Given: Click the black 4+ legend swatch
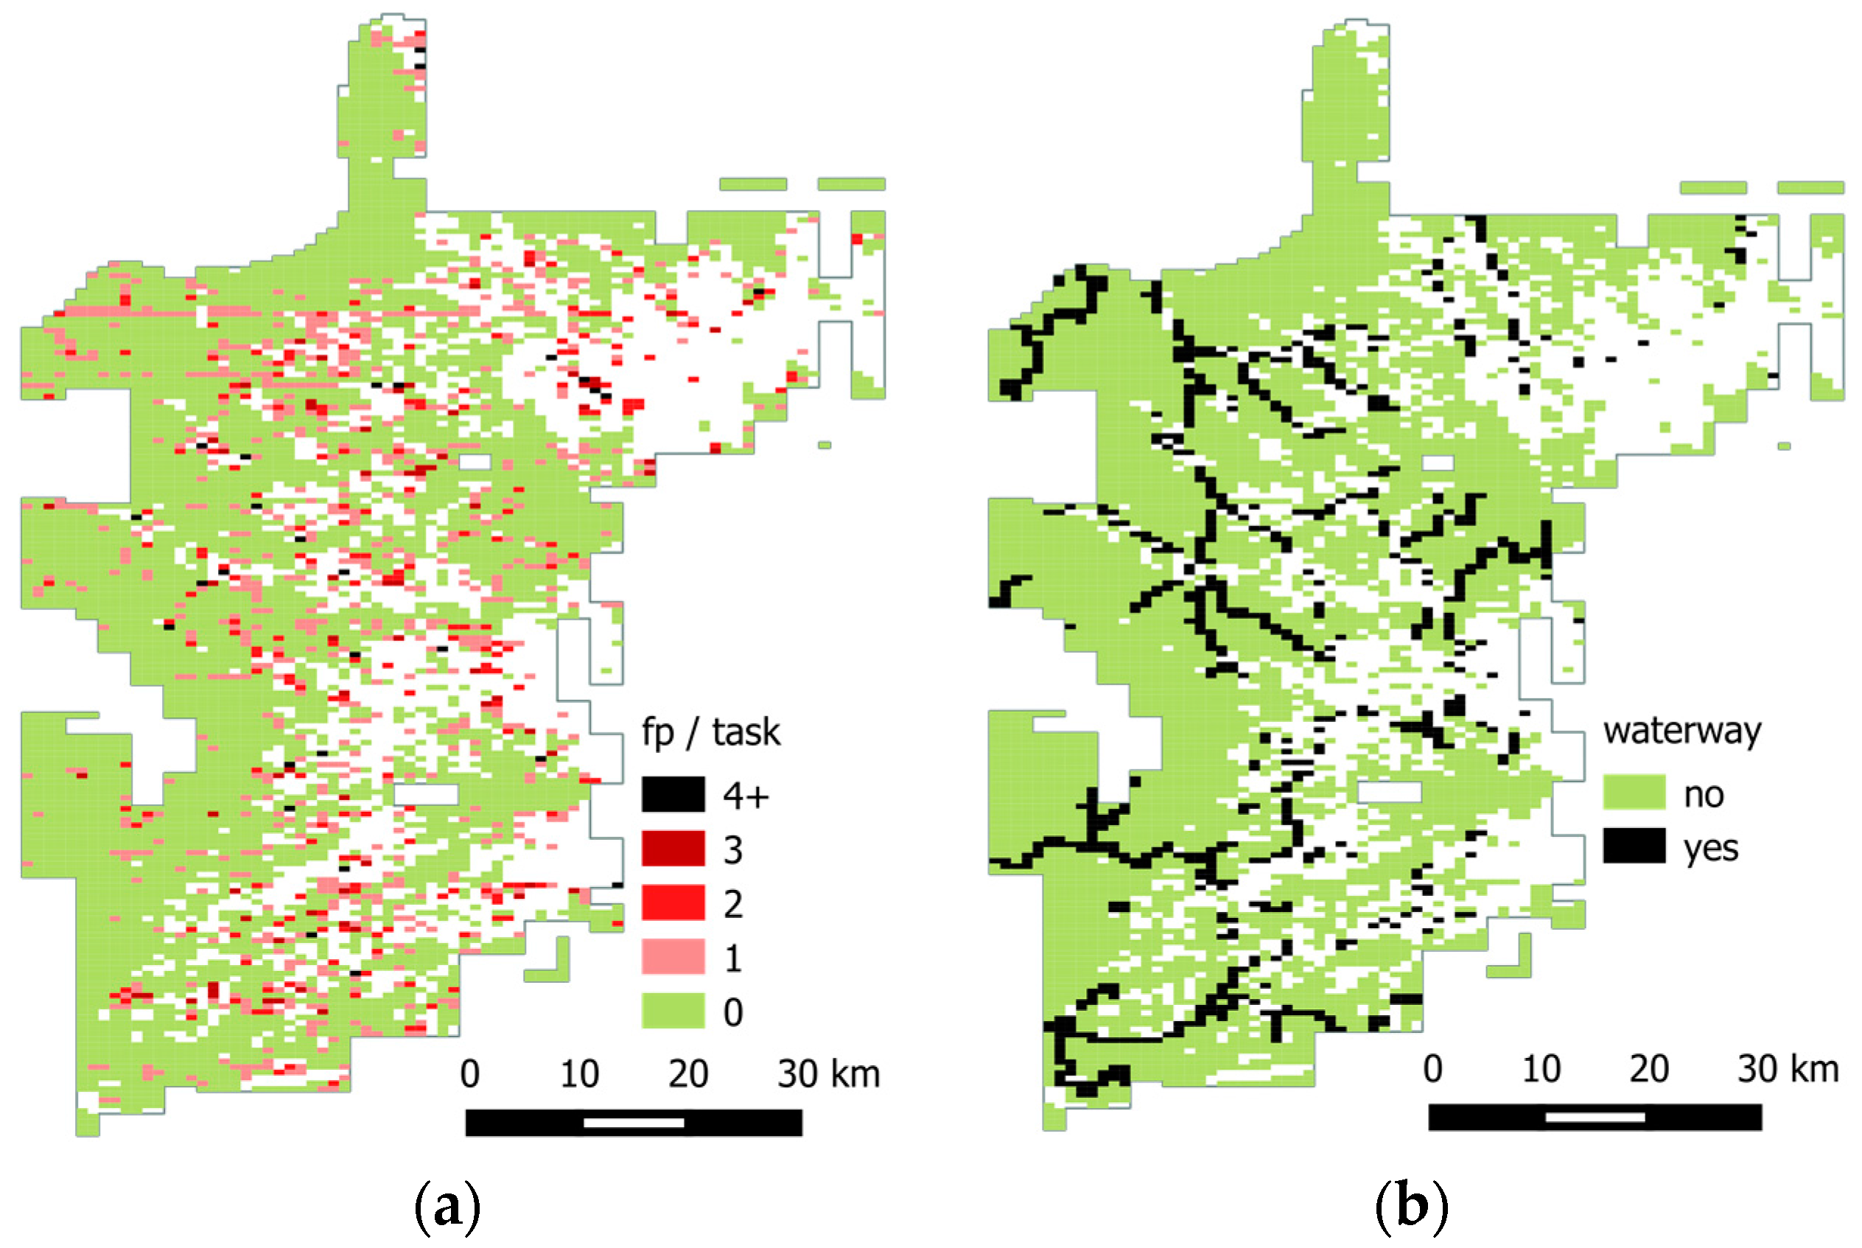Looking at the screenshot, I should click(x=673, y=794).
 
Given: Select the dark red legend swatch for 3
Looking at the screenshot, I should click(x=673, y=849).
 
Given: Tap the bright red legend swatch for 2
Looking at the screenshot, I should click(x=673, y=902).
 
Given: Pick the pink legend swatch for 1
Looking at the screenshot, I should click(x=673, y=957).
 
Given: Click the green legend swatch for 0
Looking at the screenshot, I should click(x=673, y=1011).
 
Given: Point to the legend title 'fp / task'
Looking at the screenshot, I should click(x=711, y=732).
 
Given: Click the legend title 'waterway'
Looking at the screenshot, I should click(x=1682, y=731).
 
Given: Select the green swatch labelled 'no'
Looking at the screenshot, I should click(x=1634, y=793).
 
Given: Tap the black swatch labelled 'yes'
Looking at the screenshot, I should click(x=1634, y=845).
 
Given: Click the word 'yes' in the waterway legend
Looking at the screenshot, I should click(x=1711, y=849).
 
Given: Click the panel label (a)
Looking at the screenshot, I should click(x=447, y=1208).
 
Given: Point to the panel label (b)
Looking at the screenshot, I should click(x=1410, y=1207).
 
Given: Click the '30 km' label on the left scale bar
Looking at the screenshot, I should click(x=828, y=1074).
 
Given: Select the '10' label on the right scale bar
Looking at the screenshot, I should click(x=1541, y=1070).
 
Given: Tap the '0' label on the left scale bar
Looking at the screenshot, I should click(x=469, y=1074).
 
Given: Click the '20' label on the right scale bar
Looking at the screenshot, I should click(x=1648, y=1070).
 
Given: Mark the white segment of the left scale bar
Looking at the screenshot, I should click(x=634, y=1123).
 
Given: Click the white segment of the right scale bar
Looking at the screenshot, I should click(x=1595, y=1118).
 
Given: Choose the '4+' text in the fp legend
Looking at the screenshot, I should click(x=746, y=796).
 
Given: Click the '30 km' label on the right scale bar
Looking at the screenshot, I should click(x=1787, y=1070).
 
